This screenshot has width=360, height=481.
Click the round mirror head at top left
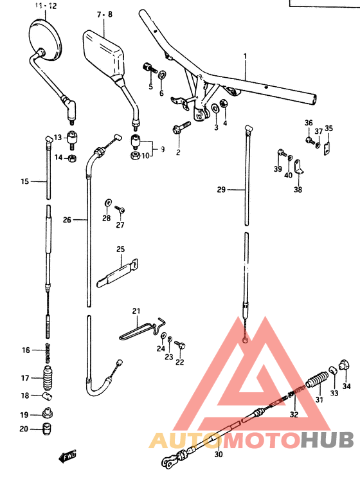[x=46, y=37]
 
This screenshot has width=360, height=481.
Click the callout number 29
[x=221, y=190]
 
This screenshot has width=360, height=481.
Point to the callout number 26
[x=67, y=220]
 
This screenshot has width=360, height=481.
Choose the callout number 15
[x=24, y=182]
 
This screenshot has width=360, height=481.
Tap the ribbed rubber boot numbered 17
[x=48, y=377]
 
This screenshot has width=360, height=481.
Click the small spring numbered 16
[x=48, y=351]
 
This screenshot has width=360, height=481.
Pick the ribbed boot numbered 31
[x=316, y=385]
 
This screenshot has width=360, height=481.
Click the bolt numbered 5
[x=149, y=68]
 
